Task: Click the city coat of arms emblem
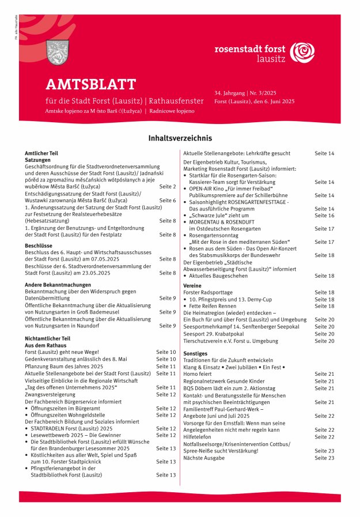pos(57,52)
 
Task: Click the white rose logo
pos(302,53)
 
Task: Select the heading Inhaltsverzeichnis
pos(180,138)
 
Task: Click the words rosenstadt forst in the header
pos(250,50)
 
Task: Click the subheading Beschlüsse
pos(39,246)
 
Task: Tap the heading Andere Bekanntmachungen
pos(58,284)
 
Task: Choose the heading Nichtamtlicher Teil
pos(47,338)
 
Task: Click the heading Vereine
pos(192,285)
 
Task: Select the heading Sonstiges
pos(195,353)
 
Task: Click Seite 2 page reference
pos(167,187)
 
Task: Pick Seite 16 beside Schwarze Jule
pos(324,215)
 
